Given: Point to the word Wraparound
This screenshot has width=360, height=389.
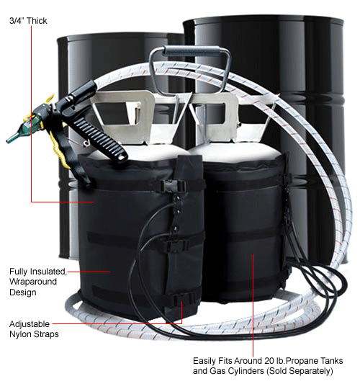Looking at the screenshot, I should click(39, 282).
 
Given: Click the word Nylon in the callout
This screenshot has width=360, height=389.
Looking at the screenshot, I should click(22, 335).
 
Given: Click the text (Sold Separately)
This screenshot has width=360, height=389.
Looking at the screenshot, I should click(298, 372).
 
